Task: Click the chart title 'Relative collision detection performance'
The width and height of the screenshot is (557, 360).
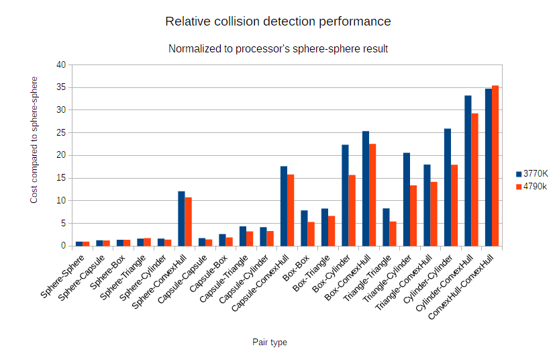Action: coord(278,21)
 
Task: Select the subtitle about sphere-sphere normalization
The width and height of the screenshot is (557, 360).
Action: coord(278,49)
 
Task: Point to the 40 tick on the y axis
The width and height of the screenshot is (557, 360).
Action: coord(61,65)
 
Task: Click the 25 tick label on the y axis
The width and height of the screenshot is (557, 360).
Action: coord(61,133)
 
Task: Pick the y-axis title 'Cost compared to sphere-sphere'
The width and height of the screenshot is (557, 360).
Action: coord(34,140)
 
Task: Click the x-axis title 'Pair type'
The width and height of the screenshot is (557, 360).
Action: coord(270,343)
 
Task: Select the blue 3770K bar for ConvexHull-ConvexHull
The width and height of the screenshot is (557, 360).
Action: coord(489,167)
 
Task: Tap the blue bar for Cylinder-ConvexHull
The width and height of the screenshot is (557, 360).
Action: coord(468,171)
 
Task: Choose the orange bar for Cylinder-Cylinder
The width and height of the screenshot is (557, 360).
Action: coord(454,205)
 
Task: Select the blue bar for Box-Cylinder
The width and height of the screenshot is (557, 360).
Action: coord(345,195)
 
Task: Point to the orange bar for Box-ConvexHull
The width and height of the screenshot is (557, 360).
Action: coord(372,195)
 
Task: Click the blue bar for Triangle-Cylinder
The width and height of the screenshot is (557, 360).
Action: coord(407,199)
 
